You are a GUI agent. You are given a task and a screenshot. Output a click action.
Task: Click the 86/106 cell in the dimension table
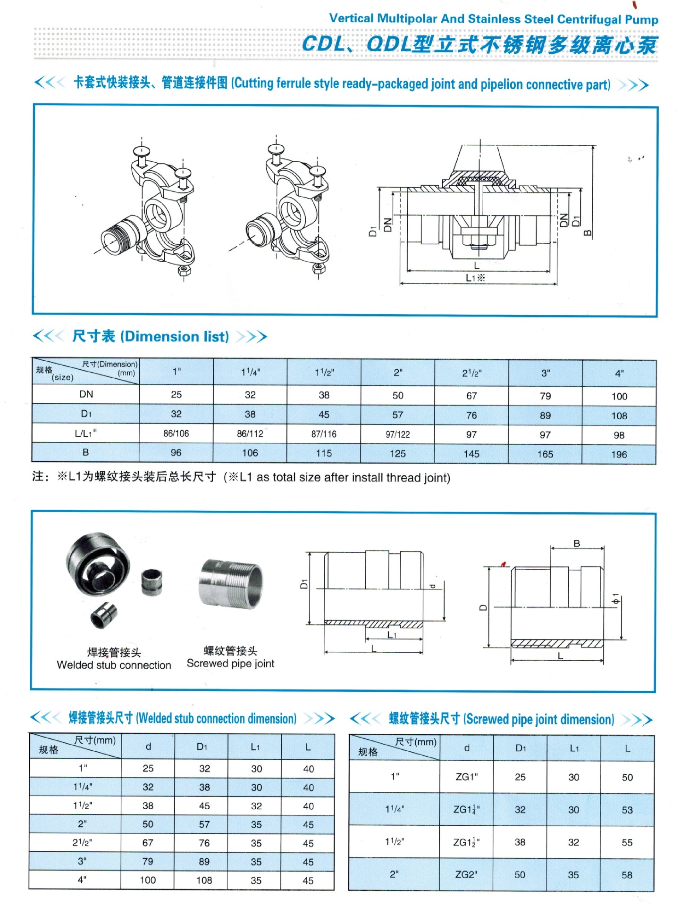click(x=176, y=433)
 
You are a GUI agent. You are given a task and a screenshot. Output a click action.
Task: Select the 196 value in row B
click(x=619, y=455)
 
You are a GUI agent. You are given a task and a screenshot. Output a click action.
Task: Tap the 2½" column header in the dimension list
click(x=471, y=373)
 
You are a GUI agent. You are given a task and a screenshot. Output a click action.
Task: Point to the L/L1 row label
click(x=85, y=433)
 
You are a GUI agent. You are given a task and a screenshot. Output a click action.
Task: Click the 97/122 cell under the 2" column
click(x=397, y=434)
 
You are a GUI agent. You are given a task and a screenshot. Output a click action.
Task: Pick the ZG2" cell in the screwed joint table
click(x=466, y=874)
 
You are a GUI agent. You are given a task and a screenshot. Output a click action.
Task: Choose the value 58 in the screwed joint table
click(x=627, y=875)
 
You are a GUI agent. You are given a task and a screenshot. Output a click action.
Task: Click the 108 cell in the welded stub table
click(x=204, y=880)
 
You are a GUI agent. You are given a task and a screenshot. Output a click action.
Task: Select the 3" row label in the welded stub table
click(x=82, y=861)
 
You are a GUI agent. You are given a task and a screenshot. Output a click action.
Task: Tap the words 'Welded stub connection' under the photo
click(x=114, y=665)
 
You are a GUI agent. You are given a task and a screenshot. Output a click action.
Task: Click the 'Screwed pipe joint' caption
click(x=230, y=663)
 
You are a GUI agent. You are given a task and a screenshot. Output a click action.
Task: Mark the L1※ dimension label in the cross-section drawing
click(x=475, y=278)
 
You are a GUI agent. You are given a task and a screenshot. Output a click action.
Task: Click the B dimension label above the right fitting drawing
click(x=577, y=543)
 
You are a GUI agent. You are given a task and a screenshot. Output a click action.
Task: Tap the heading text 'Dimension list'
click(x=175, y=336)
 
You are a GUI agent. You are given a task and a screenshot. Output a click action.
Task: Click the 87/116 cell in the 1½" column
click(x=324, y=434)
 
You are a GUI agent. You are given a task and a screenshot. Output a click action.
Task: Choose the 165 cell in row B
click(x=545, y=454)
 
